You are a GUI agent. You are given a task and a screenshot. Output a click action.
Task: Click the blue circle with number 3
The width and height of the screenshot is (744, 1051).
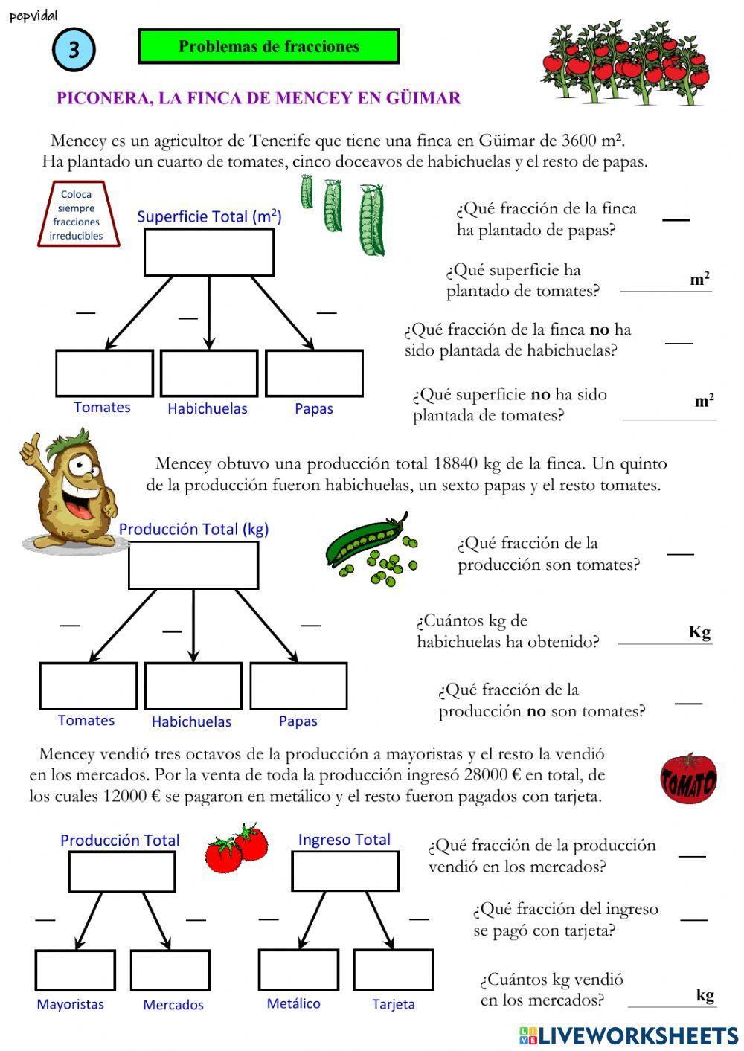pyautogui.click(x=74, y=50)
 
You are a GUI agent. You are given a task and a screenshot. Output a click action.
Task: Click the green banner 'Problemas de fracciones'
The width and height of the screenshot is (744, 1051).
pyautogui.click(x=269, y=47)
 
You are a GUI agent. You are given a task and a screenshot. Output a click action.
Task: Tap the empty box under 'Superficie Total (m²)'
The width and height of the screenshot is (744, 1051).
pyautogui.click(x=209, y=253)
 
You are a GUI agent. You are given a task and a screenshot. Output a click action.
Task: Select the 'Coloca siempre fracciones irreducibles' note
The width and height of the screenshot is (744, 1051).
pyautogui.click(x=77, y=215)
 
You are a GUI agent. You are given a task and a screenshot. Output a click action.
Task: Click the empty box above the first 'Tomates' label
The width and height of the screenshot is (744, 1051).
pyautogui.click(x=104, y=373)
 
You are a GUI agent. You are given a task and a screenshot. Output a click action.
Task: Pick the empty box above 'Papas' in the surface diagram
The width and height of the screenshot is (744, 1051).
pyautogui.click(x=314, y=373)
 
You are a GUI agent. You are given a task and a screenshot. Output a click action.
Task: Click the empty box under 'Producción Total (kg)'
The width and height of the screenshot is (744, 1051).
pyautogui.click(x=193, y=565)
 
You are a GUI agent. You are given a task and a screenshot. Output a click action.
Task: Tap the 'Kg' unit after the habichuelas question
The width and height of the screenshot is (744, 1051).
pyautogui.click(x=699, y=632)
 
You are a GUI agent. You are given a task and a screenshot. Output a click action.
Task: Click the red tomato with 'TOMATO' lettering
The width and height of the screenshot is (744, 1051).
pyautogui.click(x=688, y=779)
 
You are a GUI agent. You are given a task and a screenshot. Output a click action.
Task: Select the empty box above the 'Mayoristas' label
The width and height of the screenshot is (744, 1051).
pyautogui.click(x=75, y=970)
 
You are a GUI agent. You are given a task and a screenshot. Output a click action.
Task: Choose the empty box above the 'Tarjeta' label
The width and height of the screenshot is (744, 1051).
pyautogui.click(x=393, y=970)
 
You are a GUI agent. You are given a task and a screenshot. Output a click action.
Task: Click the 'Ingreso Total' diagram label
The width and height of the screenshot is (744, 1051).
pyautogui.click(x=344, y=840)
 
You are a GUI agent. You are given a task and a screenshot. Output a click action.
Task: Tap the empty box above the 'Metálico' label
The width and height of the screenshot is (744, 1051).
pyautogui.click(x=298, y=970)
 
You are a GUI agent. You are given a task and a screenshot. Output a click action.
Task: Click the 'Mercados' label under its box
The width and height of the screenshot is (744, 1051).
pyautogui.click(x=173, y=1005)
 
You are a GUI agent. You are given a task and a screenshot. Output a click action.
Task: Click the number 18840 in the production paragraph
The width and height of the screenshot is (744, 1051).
pyautogui.click(x=455, y=464)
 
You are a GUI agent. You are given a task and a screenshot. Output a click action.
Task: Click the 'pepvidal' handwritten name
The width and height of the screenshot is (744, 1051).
pyautogui.click(x=34, y=16)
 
